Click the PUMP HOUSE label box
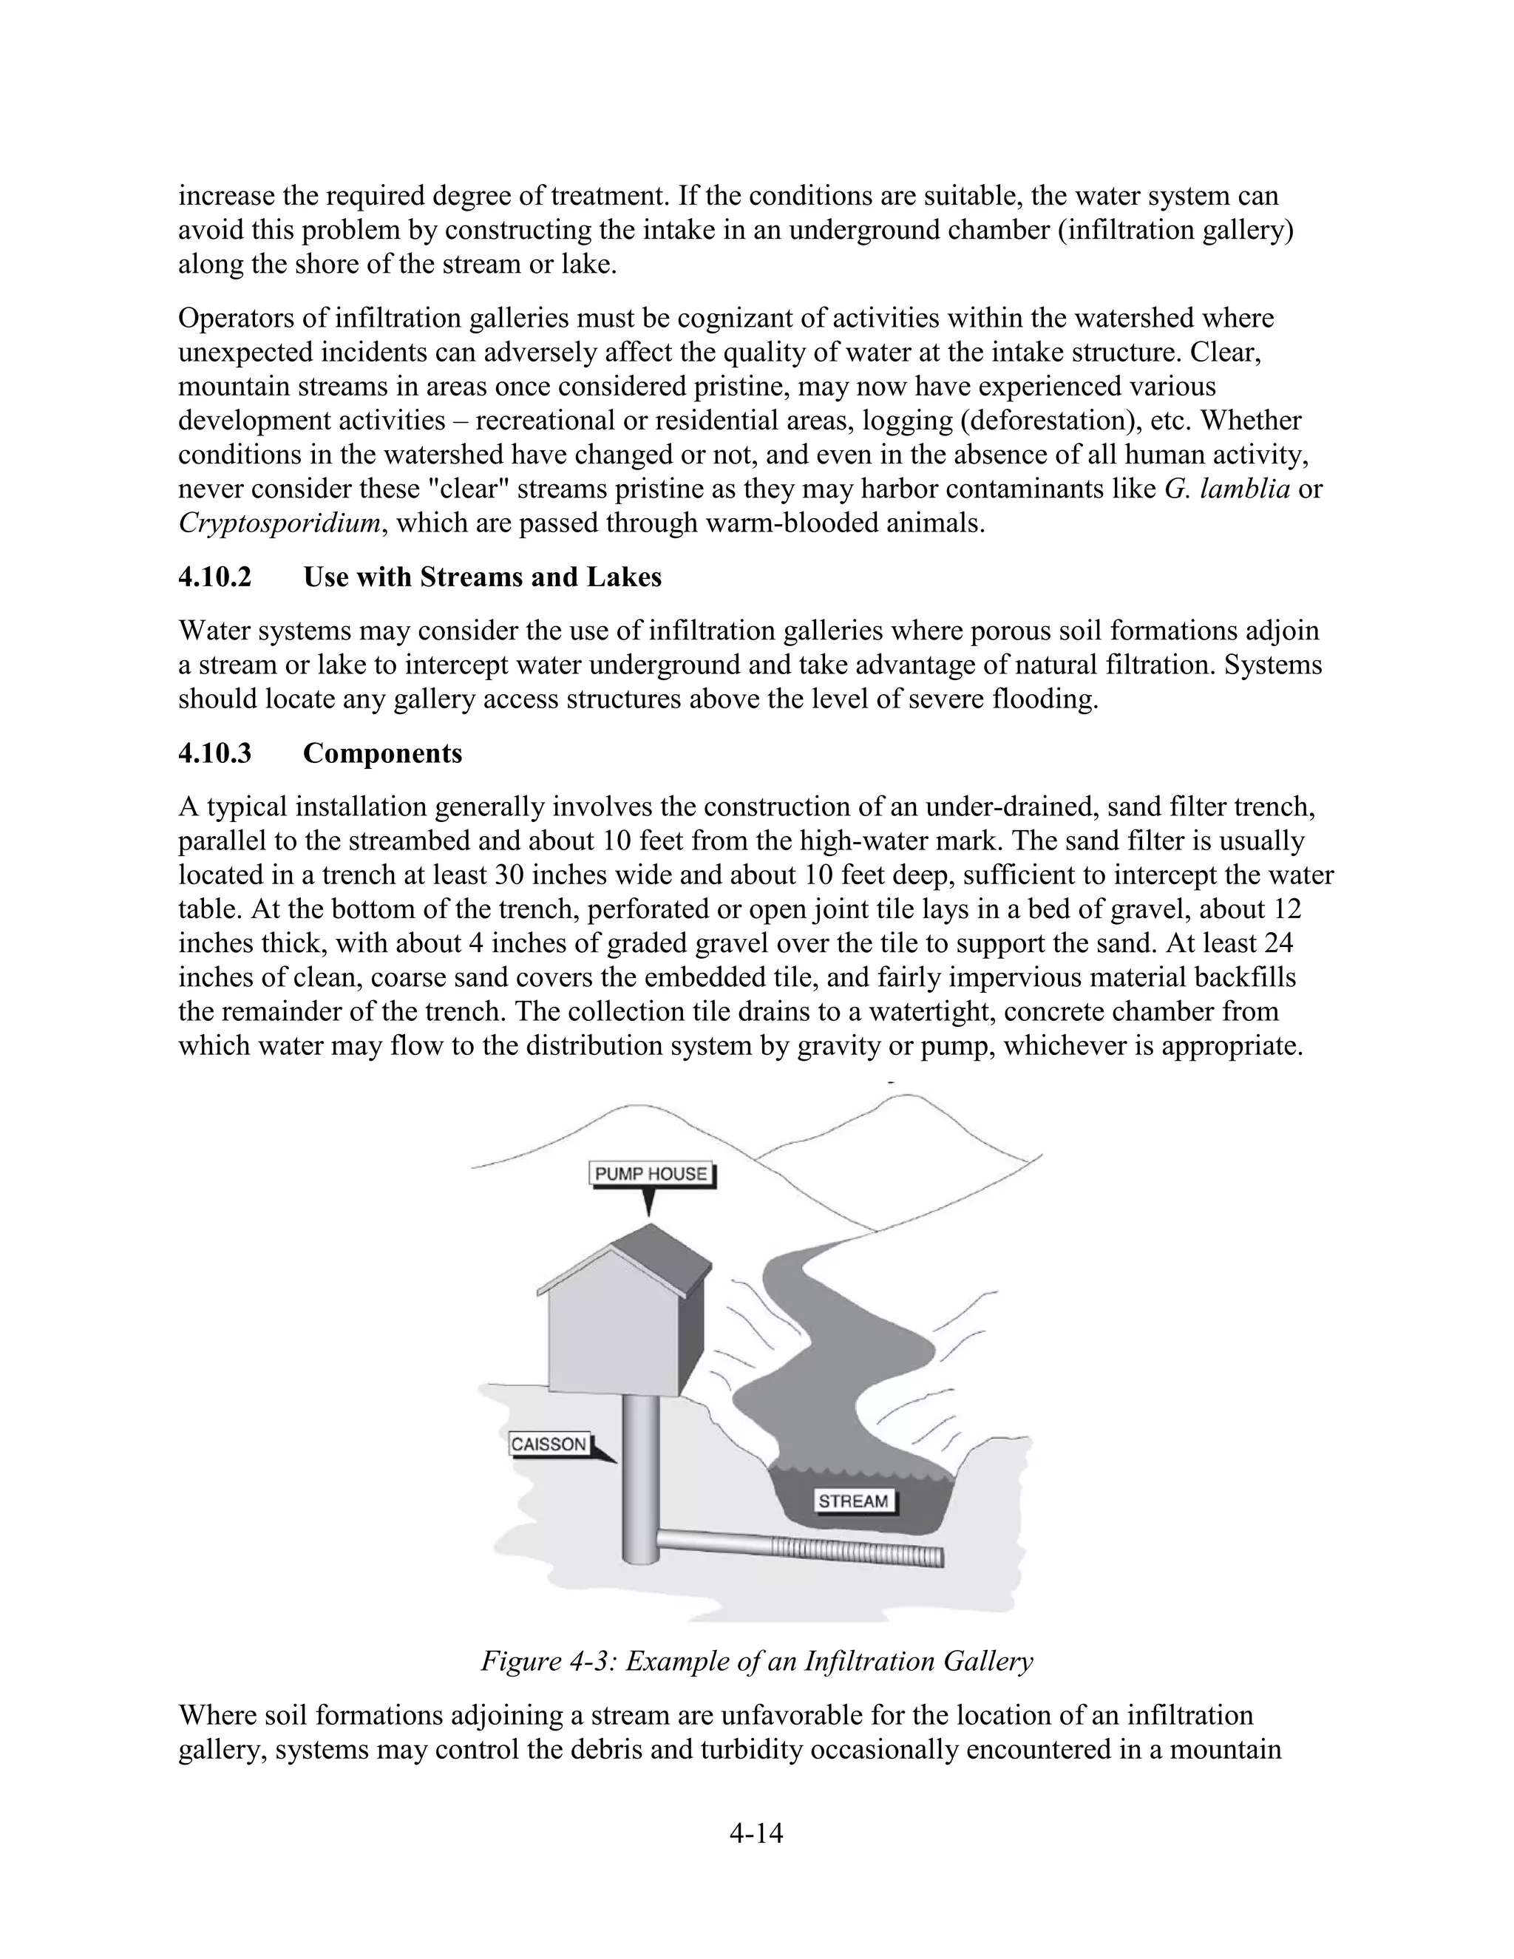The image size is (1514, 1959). (652, 1174)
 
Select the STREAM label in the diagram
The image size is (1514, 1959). (853, 1501)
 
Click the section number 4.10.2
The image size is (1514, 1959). (215, 577)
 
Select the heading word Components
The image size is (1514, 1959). (383, 753)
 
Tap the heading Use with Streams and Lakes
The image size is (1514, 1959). (483, 577)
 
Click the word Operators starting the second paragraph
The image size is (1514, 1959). (235, 318)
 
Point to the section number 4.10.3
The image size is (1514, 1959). (215, 753)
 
